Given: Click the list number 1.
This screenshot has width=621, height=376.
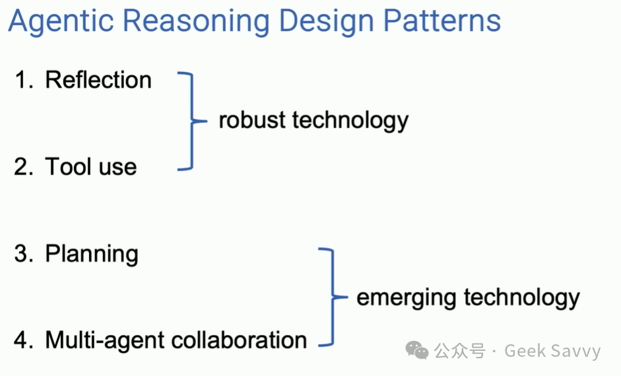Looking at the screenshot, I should pos(23,81).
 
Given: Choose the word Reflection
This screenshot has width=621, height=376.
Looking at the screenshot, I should pos(98,81).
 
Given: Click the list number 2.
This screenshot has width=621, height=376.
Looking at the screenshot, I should pos(23,167).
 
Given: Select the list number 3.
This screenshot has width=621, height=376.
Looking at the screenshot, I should pos(23,254).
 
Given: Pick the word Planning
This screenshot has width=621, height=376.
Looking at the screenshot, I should pos(92,254).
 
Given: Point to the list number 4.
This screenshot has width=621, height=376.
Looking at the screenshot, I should pos(23,340).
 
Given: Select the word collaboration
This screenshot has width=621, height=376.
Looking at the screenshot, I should pos(240,340).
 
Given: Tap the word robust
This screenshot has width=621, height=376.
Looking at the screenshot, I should pos(252,121).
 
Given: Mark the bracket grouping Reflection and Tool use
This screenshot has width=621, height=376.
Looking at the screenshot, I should pos(190,122).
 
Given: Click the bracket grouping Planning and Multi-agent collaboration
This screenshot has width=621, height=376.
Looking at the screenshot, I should pos(330,297).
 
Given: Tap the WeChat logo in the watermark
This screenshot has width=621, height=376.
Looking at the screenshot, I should pos(417,350).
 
